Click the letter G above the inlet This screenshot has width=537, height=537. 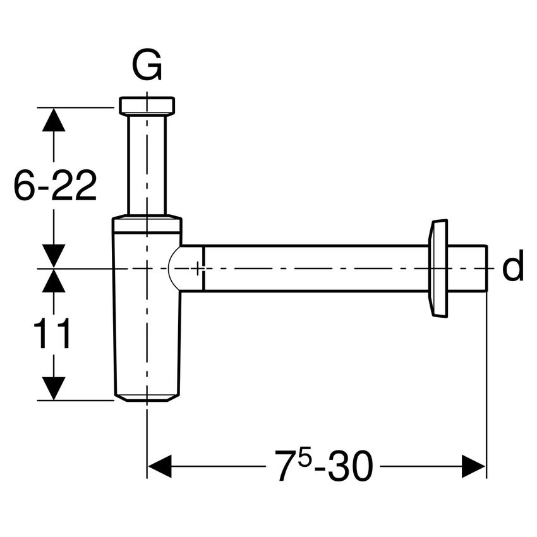pos(147,66)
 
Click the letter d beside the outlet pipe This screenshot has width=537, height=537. pos(512,268)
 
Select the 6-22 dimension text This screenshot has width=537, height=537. pos(55,186)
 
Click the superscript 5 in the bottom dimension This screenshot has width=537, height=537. pos(305,459)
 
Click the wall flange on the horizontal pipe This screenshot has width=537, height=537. pos(438,268)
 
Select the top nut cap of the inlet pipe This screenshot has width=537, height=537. pos(147,106)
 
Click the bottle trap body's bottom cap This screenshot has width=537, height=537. pos(147,395)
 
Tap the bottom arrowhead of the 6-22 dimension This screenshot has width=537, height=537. pos(54,256)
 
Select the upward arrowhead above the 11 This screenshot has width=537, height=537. pos(54,281)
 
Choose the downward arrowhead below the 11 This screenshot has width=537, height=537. pos(54,387)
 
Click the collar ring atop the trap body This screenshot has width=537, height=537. pos(147,224)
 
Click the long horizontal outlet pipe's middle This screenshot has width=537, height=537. pos(316,268)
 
